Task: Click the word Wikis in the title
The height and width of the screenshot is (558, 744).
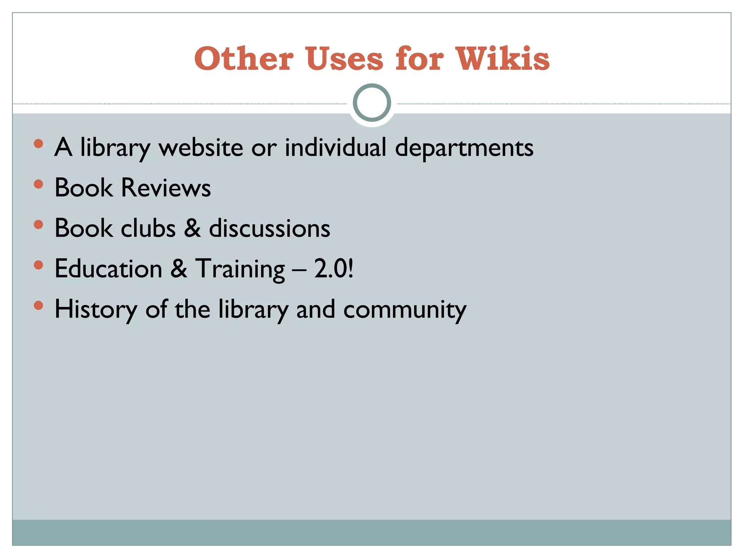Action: tap(503, 58)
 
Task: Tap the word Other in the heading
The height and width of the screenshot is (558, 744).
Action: tap(244, 58)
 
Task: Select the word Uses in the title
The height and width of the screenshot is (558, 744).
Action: tap(344, 58)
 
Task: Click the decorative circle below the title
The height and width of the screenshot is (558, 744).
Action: tap(372, 102)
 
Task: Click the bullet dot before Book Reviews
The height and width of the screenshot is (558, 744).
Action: tap(38, 184)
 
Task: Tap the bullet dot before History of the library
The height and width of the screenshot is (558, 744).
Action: tap(38, 306)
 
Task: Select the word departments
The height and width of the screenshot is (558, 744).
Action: tap(464, 148)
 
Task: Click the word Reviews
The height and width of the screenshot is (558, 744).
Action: tap(166, 188)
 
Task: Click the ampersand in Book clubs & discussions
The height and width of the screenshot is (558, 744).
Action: tap(192, 229)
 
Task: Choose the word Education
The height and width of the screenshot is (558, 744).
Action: tap(108, 269)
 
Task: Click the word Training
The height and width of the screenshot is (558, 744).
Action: tap(240, 270)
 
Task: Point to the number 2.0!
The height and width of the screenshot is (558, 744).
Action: tap(334, 269)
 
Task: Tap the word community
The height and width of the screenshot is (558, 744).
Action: tap(405, 310)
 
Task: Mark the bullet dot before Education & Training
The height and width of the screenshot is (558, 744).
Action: tap(38, 265)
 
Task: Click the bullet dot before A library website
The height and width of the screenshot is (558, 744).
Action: tap(38, 144)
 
